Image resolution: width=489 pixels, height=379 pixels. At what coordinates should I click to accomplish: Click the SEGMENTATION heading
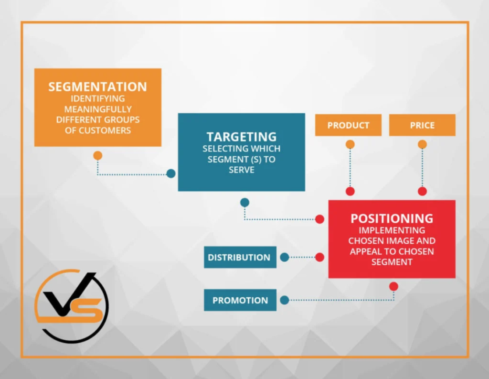97,87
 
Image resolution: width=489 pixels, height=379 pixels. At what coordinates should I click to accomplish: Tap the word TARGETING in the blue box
241,137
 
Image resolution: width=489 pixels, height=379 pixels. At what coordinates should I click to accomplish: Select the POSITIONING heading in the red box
392,218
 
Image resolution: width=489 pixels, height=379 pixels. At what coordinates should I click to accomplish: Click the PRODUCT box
348,125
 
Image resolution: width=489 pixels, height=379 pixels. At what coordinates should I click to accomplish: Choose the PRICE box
422,125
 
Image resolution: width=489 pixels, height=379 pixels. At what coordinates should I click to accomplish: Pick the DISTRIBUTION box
240,257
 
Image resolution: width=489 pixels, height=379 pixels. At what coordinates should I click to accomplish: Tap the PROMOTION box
240,300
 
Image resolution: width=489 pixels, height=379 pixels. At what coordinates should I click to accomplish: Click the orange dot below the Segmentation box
97,155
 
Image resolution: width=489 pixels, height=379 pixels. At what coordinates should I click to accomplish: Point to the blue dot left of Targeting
171,173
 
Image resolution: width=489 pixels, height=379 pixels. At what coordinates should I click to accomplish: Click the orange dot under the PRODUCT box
350,144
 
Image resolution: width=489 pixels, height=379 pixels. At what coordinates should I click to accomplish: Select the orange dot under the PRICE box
422,144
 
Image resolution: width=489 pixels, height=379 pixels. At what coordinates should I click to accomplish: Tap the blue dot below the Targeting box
245,203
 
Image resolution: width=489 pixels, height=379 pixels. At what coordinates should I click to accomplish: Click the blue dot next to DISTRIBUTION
285,257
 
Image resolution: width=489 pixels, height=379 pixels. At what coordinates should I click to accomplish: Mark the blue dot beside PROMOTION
285,300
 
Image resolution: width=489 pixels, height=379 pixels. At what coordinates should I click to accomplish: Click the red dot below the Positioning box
393,286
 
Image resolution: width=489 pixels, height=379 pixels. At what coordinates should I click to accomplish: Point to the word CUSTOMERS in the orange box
105,130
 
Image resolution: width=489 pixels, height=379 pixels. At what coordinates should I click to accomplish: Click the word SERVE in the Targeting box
241,170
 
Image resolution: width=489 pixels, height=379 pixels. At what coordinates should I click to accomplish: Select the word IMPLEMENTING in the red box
392,230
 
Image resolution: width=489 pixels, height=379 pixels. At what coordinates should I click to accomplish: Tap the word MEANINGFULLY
98,109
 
